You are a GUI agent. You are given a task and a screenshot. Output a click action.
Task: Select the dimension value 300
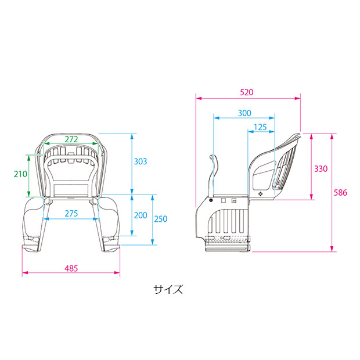pos(244,113)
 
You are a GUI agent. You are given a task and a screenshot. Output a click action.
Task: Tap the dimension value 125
pos(260,126)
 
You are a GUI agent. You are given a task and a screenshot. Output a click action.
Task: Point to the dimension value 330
pos(321,169)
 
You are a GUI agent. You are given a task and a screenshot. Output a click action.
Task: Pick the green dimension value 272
pos(72,139)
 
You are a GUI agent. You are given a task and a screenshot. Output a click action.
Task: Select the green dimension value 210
pos(20,174)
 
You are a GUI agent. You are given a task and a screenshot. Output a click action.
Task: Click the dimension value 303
pos(140,161)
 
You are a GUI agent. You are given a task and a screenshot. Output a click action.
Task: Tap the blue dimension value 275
pos(71,214)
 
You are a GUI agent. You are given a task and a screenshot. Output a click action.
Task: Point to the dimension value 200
pos(140,215)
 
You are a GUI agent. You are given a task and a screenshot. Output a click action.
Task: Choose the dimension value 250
pos(161,219)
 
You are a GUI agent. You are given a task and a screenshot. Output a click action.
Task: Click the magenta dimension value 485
pos(71,268)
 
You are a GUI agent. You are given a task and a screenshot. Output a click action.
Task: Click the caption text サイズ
pos(168,289)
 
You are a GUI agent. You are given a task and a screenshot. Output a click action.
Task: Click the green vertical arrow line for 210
pos(29,175)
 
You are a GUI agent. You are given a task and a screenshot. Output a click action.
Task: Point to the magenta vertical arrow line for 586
pos(332,192)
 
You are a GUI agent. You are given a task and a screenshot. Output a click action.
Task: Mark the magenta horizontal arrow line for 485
pos(71,273)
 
